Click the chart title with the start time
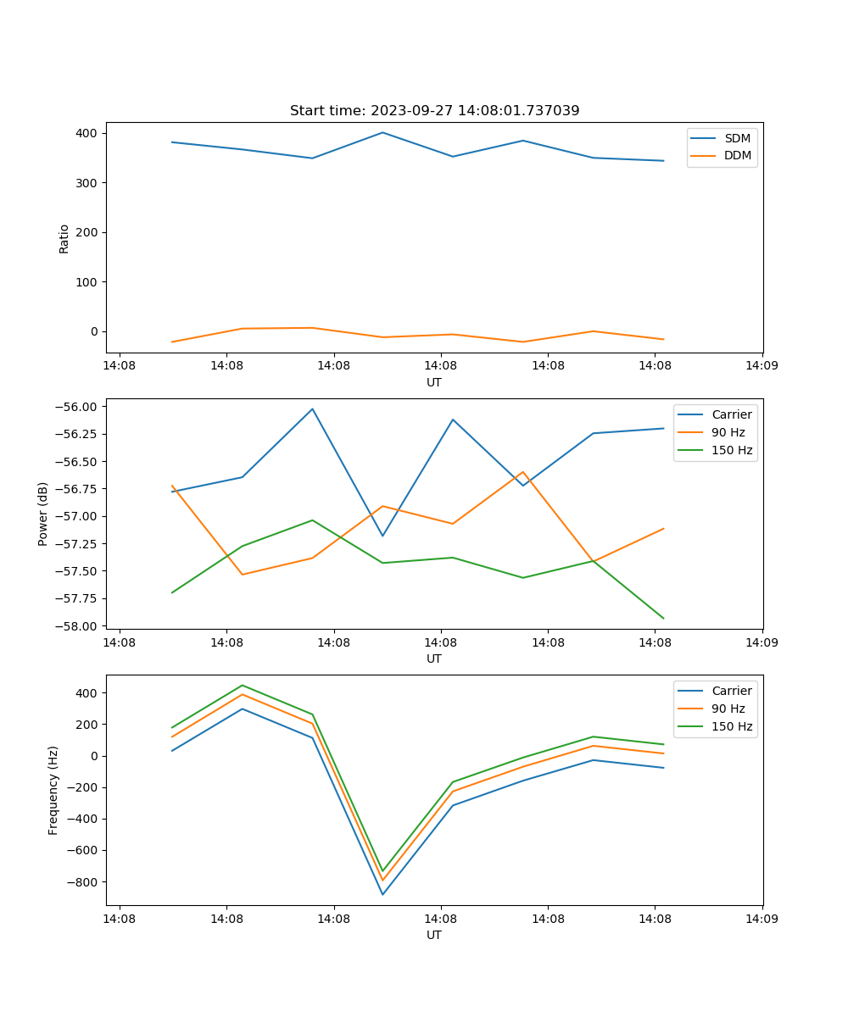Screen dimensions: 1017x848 [434, 111]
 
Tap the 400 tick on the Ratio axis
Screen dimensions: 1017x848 [88, 133]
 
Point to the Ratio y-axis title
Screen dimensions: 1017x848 [64, 238]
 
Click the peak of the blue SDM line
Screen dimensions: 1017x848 [382, 132]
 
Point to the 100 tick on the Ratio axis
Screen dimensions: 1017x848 [88, 282]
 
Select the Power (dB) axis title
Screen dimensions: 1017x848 [43, 514]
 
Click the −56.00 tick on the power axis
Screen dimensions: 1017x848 [77, 407]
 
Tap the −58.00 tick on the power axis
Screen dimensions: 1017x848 [77, 626]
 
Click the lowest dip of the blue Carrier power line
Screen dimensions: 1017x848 [382, 536]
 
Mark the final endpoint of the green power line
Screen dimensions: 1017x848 [663, 619]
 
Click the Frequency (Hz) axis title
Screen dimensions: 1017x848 [53, 790]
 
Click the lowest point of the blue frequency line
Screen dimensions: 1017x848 [382, 894]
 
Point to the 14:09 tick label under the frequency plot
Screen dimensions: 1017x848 [762, 918]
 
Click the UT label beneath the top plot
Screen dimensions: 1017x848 [434, 382]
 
